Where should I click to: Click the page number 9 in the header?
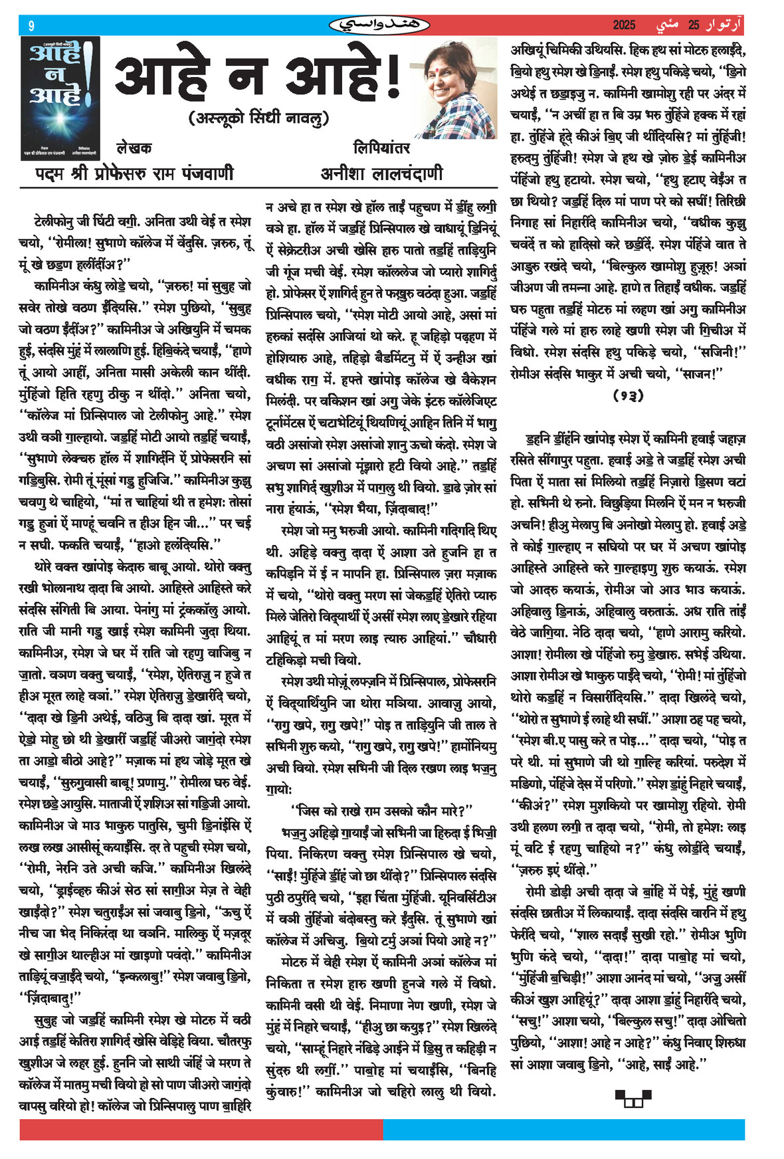tap(31, 26)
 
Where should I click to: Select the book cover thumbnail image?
tap(60, 98)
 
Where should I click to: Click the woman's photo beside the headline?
tap(460, 87)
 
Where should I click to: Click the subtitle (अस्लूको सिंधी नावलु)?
tap(258, 118)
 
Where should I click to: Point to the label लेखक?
tap(134, 148)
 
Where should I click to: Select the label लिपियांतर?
tap(381, 147)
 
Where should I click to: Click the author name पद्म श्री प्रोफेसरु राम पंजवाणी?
tap(134, 173)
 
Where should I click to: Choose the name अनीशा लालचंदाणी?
tap(381, 173)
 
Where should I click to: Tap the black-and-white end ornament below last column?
tap(632, 1098)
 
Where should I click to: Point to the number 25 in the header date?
tap(694, 25)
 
